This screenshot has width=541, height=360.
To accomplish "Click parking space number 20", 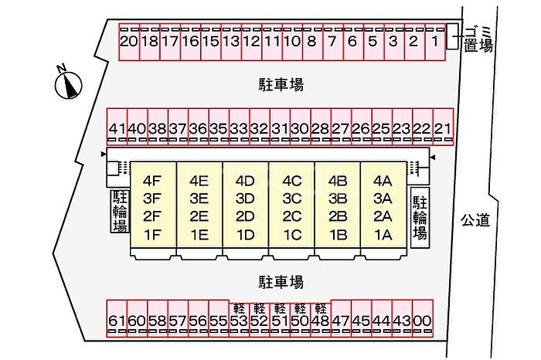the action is (129, 42).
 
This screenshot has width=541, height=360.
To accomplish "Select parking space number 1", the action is (435, 42).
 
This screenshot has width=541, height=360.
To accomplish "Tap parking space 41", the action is (117, 127).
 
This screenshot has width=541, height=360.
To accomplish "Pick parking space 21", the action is (443, 127).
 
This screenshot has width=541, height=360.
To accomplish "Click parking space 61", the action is (117, 318).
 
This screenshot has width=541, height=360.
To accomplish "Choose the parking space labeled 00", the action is (423, 318).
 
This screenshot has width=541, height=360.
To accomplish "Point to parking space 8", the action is (312, 42).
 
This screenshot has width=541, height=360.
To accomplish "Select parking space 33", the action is (239, 127).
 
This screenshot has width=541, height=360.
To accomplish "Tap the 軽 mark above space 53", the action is (239, 307).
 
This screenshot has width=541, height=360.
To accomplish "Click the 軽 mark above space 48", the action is (321, 307).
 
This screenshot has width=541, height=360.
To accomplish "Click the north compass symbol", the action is (68, 83).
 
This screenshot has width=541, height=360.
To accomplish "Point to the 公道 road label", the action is (475, 220).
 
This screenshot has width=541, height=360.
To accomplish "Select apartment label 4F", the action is (152, 181).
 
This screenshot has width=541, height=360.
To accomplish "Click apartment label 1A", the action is (383, 235).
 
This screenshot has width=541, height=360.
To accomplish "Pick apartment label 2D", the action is (245, 217).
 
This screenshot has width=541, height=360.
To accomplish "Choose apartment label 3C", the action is (292, 199).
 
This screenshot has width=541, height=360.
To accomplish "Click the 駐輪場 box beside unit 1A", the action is (420, 218).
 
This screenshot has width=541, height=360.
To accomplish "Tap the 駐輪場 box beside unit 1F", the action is (120, 211).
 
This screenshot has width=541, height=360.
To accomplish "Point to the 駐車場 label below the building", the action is (281, 282).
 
